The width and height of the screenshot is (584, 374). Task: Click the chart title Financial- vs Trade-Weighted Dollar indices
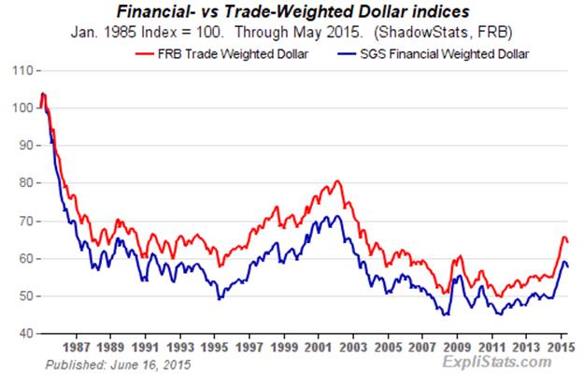tap(292, 12)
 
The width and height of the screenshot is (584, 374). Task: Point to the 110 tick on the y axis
tap(21, 71)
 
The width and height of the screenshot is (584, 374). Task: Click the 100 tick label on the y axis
tap(21, 108)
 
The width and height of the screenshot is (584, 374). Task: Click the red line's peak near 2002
tap(337, 180)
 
